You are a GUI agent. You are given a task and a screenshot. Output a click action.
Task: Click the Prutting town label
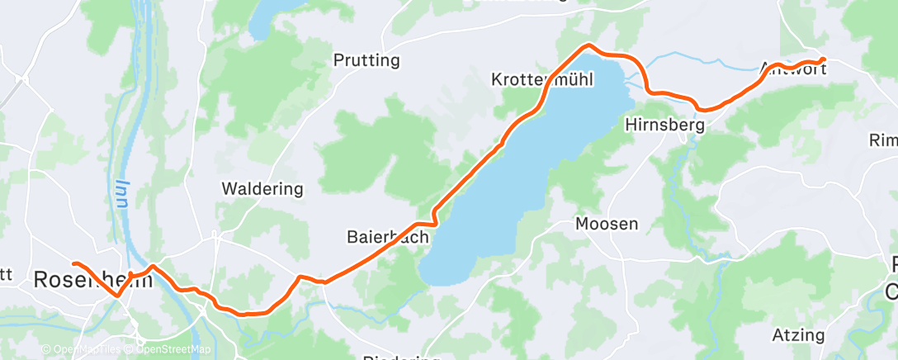(366, 60)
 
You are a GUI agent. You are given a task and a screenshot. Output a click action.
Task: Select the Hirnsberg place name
(664, 126)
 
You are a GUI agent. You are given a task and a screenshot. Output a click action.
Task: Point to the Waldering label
(262, 189)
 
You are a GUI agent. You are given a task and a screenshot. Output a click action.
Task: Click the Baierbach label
(387, 238)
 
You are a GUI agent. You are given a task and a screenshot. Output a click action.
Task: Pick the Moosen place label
(607, 224)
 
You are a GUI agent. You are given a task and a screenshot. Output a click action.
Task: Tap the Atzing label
(799, 335)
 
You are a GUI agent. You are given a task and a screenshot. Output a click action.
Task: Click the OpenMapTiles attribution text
(83, 349)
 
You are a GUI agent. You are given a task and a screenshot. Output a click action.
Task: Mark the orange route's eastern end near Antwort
(823, 59)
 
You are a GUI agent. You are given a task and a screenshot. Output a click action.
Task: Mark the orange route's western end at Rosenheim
(74, 263)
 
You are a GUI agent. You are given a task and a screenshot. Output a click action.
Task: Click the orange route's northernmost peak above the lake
(588, 45)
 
